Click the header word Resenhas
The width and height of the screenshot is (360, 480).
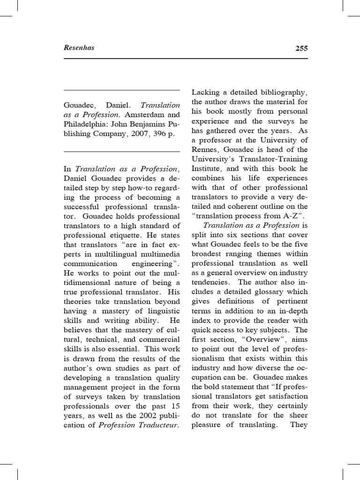coord(79,48)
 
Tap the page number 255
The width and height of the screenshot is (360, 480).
coord(301,48)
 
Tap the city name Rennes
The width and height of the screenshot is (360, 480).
coord(205,150)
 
